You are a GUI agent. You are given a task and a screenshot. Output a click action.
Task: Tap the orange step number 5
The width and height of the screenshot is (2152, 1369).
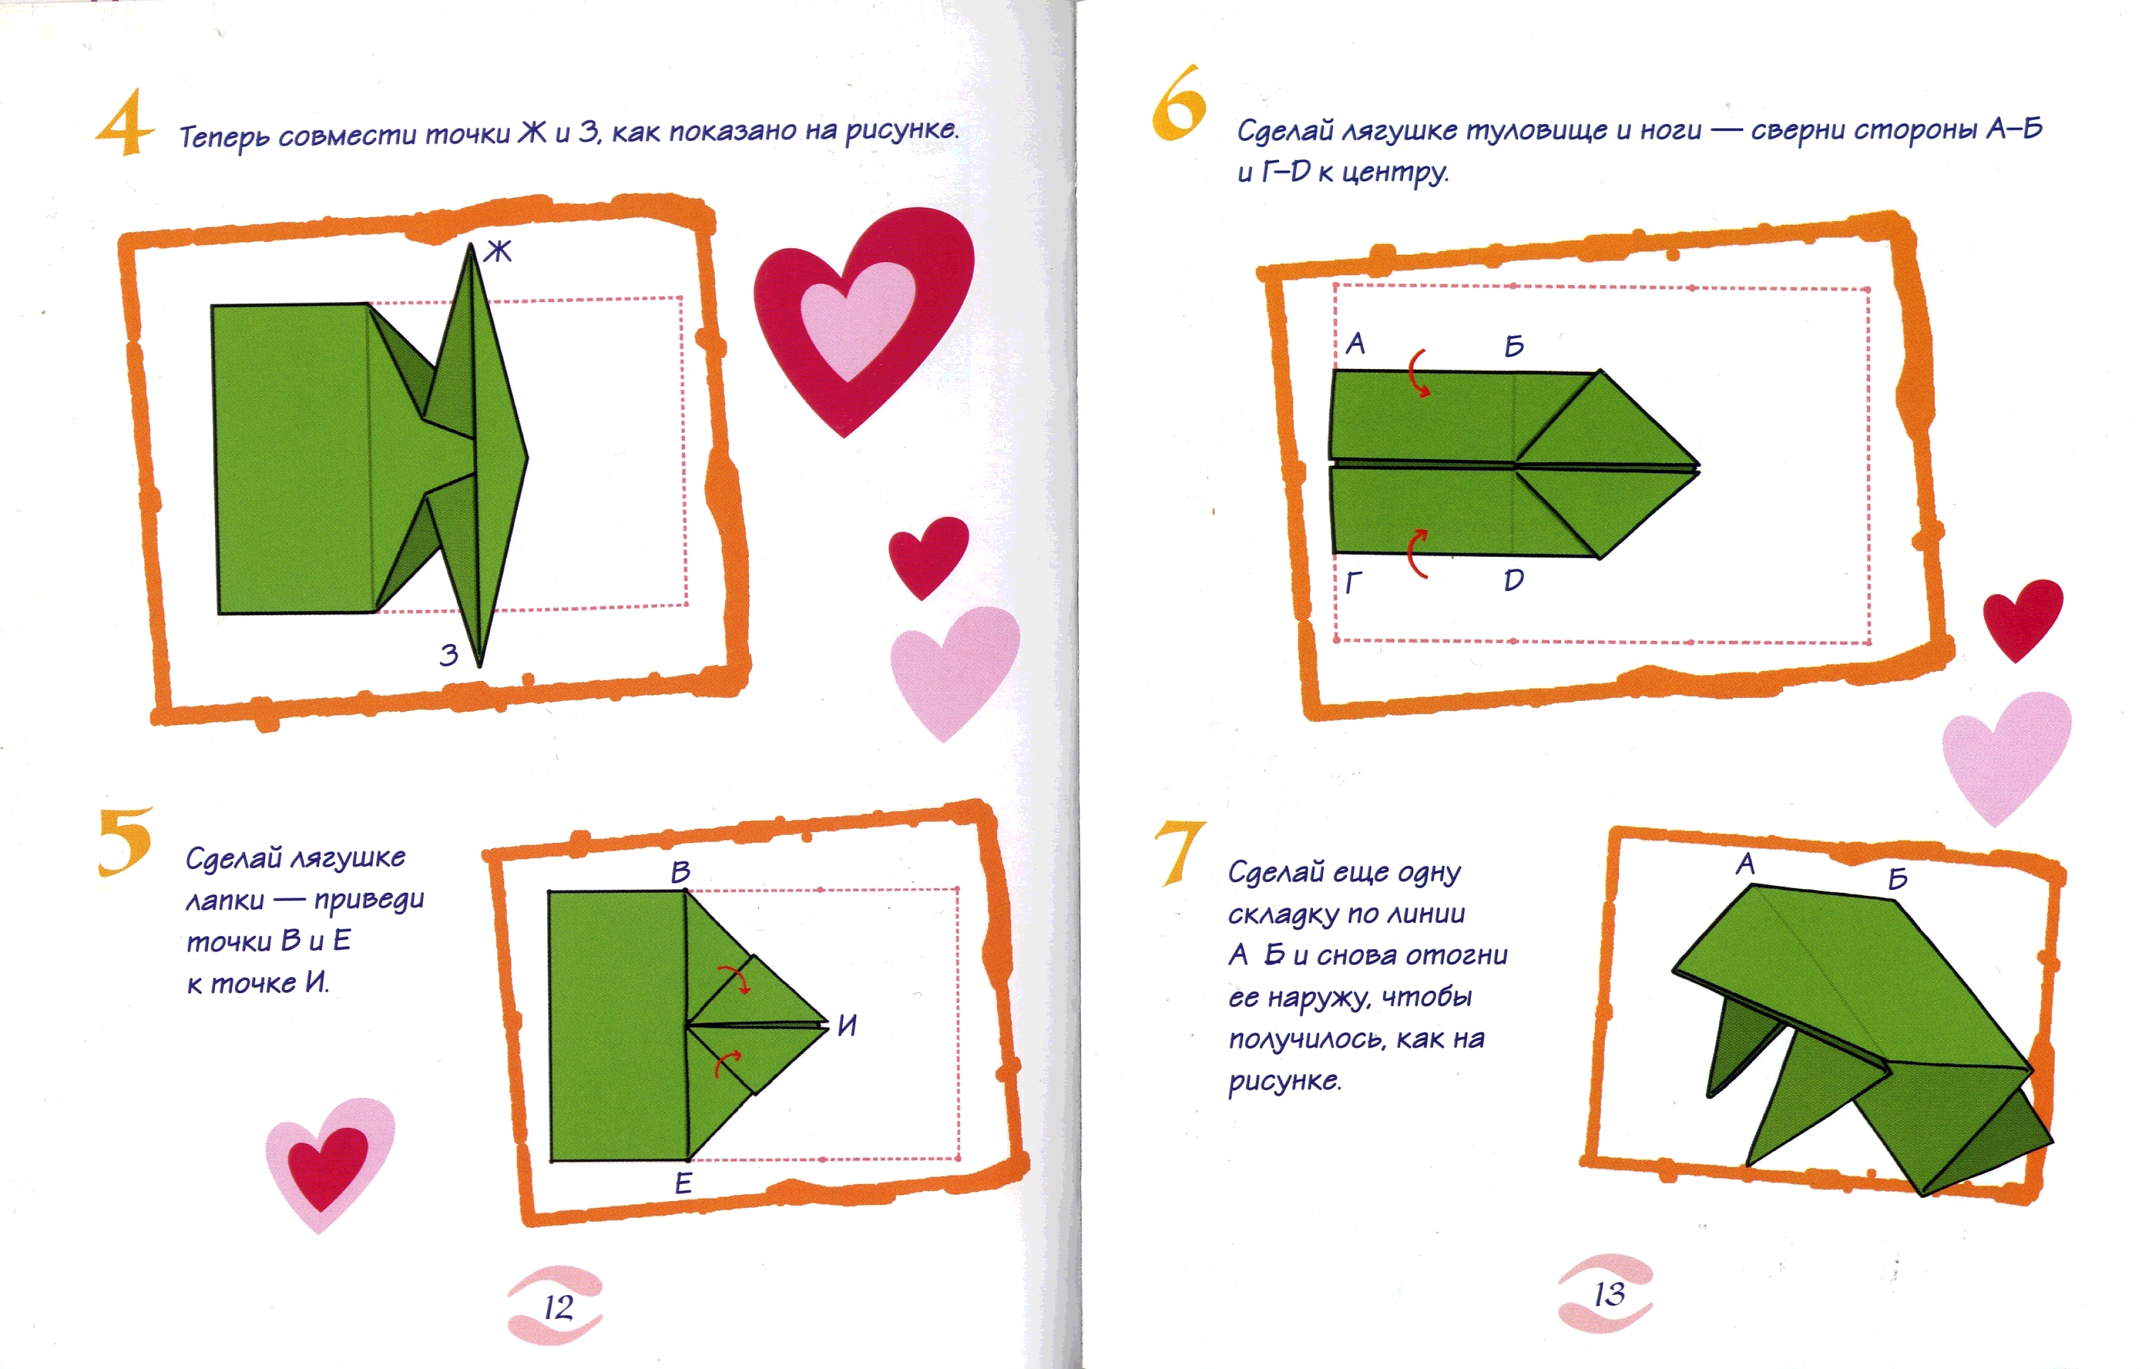tap(124, 841)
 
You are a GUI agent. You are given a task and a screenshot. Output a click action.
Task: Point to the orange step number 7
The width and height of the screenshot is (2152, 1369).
tap(1180, 853)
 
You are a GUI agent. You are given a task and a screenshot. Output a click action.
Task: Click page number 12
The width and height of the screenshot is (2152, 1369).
tap(559, 1307)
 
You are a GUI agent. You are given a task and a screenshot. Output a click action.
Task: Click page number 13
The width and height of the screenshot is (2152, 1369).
tap(1609, 1294)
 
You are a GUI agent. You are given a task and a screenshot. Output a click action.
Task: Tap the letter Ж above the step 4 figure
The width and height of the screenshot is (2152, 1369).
tap(498, 251)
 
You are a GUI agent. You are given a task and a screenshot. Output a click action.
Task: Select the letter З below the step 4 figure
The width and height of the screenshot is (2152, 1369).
tap(449, 655)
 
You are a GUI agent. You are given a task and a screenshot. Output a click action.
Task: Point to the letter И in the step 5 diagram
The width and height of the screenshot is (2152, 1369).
tap(847, 1025)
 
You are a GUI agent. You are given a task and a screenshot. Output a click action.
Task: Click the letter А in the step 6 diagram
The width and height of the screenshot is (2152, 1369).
tap(1355, 343)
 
